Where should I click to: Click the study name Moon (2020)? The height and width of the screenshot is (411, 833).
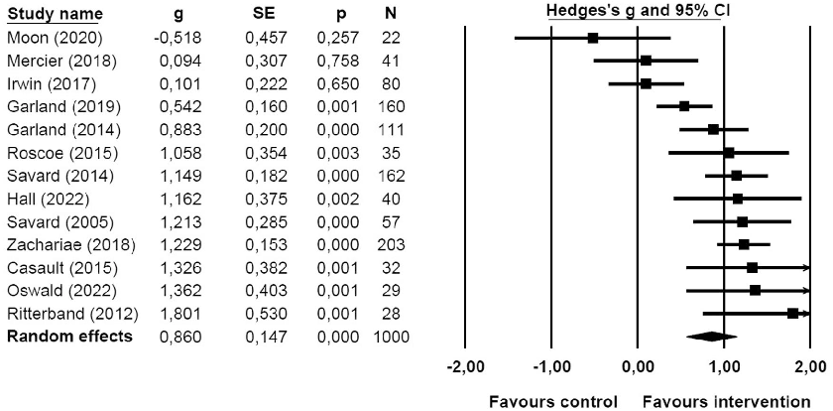46,37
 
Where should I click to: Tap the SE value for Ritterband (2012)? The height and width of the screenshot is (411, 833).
262,314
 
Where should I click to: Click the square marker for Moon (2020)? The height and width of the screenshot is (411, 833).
593,38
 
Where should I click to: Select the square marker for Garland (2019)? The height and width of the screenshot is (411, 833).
684,106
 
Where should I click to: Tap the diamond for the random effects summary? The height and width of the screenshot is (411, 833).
712,336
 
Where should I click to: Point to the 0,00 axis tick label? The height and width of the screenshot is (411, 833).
637,366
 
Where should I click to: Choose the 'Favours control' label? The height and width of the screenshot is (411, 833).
552,402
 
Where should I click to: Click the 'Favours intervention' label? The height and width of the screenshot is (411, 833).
726,402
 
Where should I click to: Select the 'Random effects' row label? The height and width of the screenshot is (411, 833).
69,337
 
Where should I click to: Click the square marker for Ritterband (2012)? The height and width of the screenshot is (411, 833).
793,313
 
